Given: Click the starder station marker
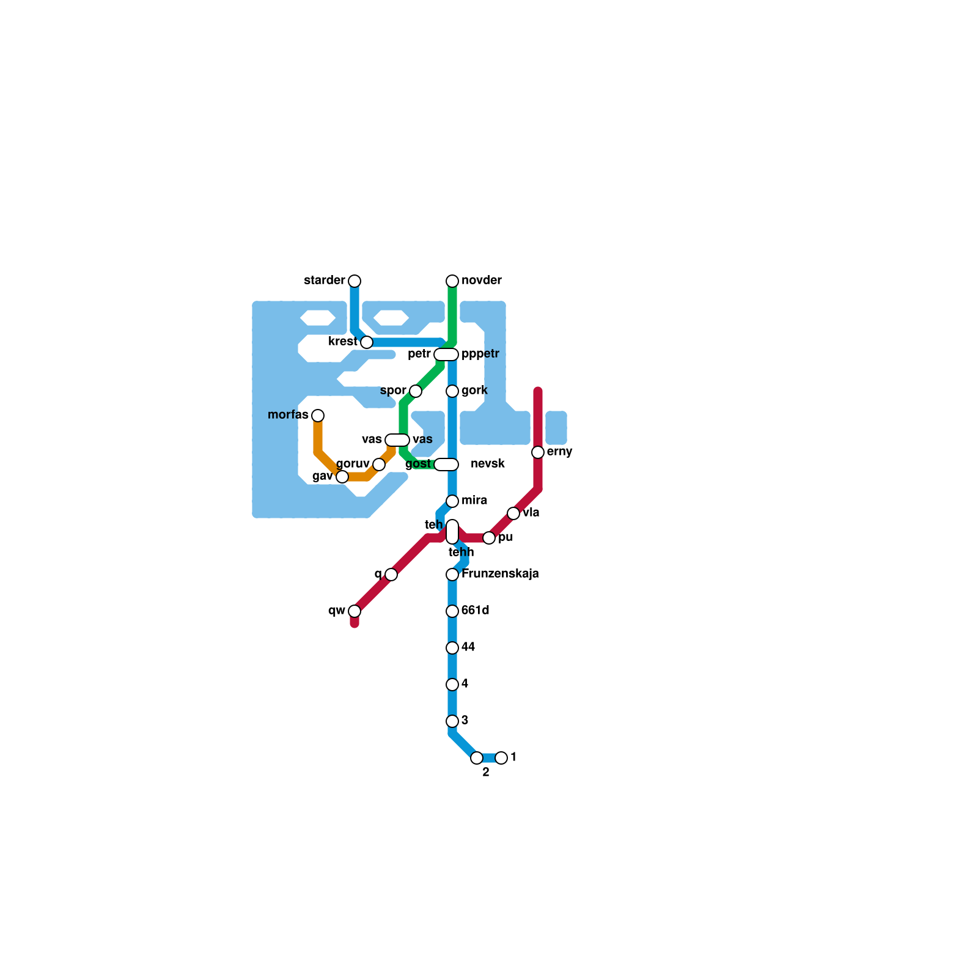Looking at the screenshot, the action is pyautogui.click(x=355, y=281).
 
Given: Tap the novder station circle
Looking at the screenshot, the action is pyautogui.click(x=452, y=281).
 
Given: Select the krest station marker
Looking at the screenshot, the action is pyautogui.click(x=367, y=342).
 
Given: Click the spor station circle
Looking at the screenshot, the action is pyautogui.click(x=416, y=391).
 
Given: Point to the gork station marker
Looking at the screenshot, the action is pyautogui.click(x=452, y=391).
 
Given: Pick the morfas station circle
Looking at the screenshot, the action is pyautogui.click(x=318, y=416).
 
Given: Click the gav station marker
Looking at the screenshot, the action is pyautogui.click(x=342, y=477).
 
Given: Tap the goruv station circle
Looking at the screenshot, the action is pyautogui.click(x=379, y=465).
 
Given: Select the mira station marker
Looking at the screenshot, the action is pyautogui.click(x=452, y=501).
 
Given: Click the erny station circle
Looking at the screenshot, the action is pyautogui.click(x=538, y=452).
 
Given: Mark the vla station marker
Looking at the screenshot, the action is pyautogui.click(x=513, y=513).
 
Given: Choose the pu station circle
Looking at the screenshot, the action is pyautogui.click(x=489, y=538).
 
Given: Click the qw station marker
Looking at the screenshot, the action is pyautogui.click(x=355, y=611).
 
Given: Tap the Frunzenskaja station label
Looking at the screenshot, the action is pyautogui.click(x=500, y=574).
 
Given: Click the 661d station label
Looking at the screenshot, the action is pyautogui.click(x=476, y=611).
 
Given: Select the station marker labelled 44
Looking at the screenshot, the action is pyautogui.click(x=452, y=648).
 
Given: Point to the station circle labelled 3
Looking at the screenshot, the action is pyautogui.click(x=452, y=721).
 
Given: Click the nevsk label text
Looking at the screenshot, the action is pyautogui.click(x=488, y=464).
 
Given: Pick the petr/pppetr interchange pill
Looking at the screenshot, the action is pyautogui.click(x=446, y=355).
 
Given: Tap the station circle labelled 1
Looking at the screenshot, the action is pyautogui.click(x=501, y=758).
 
